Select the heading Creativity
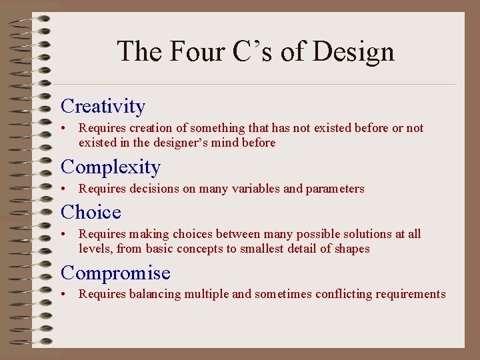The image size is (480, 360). (103, 106)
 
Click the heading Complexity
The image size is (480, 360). (111, 167)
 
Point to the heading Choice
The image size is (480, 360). (91, 212)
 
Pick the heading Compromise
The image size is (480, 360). (115, 273)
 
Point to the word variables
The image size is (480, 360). (253, 189)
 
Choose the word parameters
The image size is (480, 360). (335, 189)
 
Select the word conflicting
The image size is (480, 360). (346, 295)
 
